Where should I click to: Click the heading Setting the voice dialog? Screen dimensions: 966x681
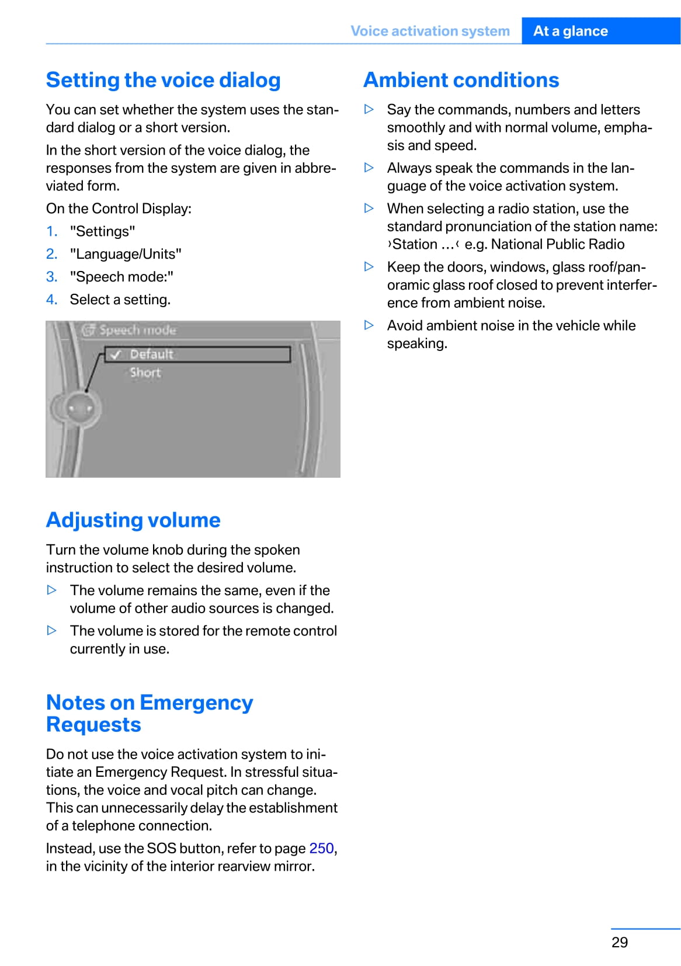point(163,80)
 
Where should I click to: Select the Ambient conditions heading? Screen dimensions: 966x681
point(461,80)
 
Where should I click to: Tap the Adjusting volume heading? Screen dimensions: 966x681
point(133,520)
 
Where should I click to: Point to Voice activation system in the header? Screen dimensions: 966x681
point(430,31)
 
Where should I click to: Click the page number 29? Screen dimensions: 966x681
point(620,942)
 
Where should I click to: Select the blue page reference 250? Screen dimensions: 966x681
point(321,848)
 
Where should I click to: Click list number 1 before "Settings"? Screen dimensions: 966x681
point(51,231)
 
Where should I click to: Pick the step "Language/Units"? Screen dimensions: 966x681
point(126,254)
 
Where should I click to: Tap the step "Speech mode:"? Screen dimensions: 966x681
point(121,277)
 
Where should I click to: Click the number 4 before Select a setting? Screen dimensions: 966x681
point(51,300)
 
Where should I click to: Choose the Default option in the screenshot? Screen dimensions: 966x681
point(151,354)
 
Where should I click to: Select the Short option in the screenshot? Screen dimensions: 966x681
point(145,373)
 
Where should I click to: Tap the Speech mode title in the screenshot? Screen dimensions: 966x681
point(137,330)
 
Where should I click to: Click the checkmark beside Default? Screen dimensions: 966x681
point(116,355)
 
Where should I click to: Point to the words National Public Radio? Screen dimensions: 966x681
point(557,244)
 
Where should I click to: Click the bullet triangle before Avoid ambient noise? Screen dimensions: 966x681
point(369,325)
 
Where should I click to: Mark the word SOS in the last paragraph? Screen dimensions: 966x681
point(161,848)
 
